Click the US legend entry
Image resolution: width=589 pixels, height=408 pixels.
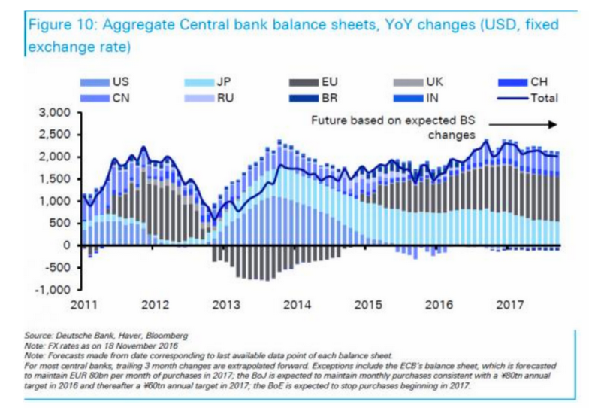(x=110, y=81)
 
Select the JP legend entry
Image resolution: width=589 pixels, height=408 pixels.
(x=215, y=81)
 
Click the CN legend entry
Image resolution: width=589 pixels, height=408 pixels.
(x=110, y=97)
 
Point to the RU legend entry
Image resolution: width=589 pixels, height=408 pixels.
(x=215, y=97)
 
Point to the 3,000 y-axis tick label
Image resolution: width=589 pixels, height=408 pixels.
(x=53, y=113)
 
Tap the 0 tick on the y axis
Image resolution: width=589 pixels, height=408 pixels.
(x=66, y=245)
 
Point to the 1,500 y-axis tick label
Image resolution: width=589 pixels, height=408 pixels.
(x=53, y=179)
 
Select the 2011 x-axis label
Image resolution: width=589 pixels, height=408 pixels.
(x=83, y=306)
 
